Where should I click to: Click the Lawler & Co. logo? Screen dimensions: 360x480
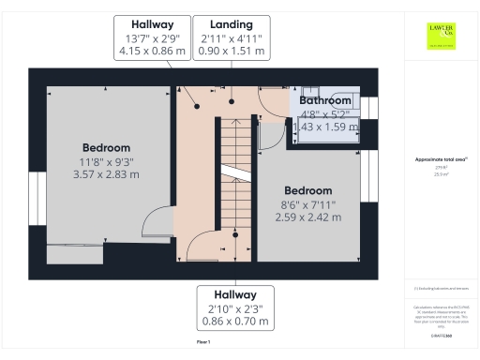440,35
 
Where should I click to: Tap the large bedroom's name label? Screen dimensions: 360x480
106,147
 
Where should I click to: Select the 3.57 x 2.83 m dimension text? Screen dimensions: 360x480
106,174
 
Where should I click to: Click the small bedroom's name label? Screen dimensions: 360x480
307,189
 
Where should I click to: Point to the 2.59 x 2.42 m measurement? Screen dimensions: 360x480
307,217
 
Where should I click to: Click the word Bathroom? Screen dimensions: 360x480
325,100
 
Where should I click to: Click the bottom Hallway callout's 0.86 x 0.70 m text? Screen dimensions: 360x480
234,322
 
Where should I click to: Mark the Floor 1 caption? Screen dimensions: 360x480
203,344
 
